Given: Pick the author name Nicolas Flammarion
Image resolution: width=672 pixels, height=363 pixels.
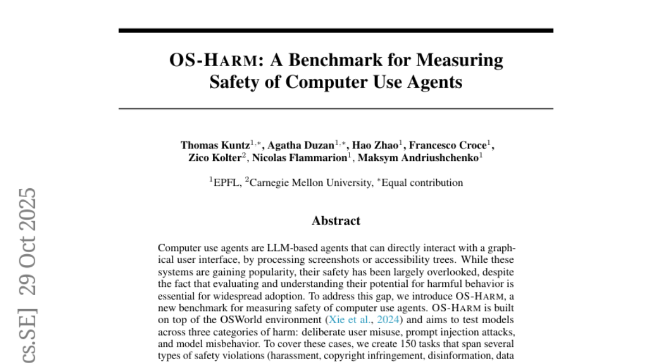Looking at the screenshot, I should click(300, 157).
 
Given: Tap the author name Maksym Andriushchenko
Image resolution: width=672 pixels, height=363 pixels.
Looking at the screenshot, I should click(419, 157).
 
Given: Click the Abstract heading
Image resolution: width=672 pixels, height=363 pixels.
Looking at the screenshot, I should click(336, 221).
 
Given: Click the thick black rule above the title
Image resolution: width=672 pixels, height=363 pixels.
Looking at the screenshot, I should click(336, 30).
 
